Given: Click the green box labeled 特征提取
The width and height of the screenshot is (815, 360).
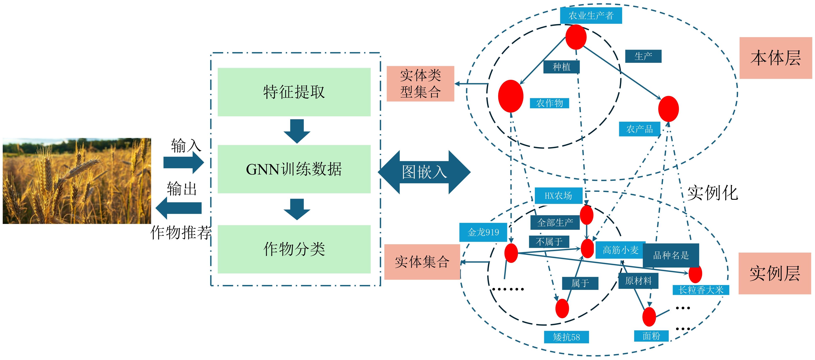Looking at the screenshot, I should point(294,92).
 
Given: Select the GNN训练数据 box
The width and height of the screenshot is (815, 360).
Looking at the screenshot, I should point(294,169).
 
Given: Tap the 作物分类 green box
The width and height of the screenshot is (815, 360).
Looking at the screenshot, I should point(294,249).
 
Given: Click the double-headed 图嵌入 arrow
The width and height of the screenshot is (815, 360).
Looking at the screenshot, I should point(424,172).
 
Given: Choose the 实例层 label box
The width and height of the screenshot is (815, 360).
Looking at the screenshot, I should point(775,273).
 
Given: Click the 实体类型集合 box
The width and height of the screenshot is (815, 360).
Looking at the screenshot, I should point(420,83).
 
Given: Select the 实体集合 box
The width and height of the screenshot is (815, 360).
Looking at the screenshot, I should point(422,262).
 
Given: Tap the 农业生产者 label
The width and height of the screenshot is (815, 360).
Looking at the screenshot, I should point(591,15).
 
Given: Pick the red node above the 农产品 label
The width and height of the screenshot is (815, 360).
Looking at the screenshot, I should point(668,109).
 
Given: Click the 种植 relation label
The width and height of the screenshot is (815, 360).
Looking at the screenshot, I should point(561,67).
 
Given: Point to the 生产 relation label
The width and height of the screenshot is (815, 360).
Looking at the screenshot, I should point(643,56).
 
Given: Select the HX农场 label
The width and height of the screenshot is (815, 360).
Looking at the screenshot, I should point(558,196).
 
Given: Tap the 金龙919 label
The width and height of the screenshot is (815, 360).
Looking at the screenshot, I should point(483,232).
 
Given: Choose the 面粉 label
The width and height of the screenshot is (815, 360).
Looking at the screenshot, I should point(651,336).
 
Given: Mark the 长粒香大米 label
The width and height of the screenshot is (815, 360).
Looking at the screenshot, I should point(701,290).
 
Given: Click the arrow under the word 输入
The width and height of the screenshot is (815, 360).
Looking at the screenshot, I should point(184,163).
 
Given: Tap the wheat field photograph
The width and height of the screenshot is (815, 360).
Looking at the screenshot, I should point(77,181).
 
